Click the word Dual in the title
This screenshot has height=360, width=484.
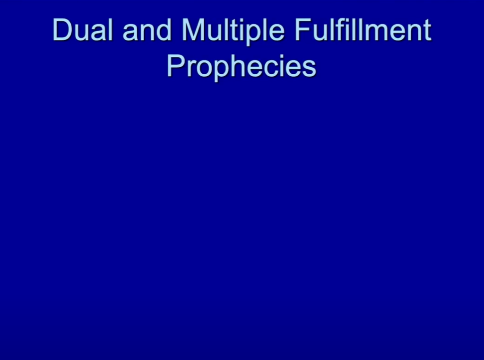pyautogui.click(x=83, y=30)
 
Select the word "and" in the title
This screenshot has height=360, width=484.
pyautogui.click(x=147, y=30)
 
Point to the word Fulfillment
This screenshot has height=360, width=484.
pyautogui.click(x=363, y=30)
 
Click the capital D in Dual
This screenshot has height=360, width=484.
pyautogui.click(x=63, y=30)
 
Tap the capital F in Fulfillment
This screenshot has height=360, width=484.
pyautogui.click(x=303, y=30)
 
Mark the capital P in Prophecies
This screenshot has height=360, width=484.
pyautogui.click(x=176, y=66)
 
